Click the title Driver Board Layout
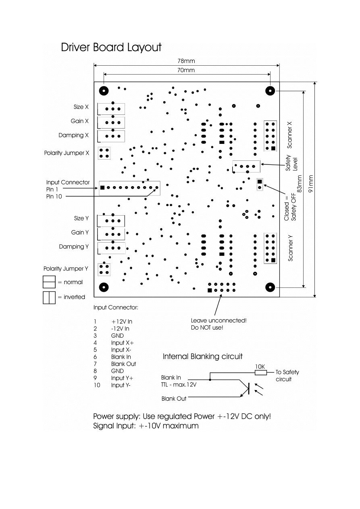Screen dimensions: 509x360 111,48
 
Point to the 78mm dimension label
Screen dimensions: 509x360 186,61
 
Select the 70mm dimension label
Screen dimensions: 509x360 186,71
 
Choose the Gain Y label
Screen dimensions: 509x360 80,233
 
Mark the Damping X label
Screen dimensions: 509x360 73,135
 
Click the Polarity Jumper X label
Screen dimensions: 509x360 67,153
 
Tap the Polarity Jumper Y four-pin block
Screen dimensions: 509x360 104,269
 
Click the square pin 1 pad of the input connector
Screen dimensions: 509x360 102,187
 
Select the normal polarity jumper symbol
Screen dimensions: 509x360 49,282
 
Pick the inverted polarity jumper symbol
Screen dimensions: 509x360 49,297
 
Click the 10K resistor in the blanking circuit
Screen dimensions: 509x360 260,373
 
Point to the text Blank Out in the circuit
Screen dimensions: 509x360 174,399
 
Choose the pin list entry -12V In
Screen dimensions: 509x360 120,329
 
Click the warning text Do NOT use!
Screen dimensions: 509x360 207,328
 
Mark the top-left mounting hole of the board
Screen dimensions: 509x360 104,91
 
